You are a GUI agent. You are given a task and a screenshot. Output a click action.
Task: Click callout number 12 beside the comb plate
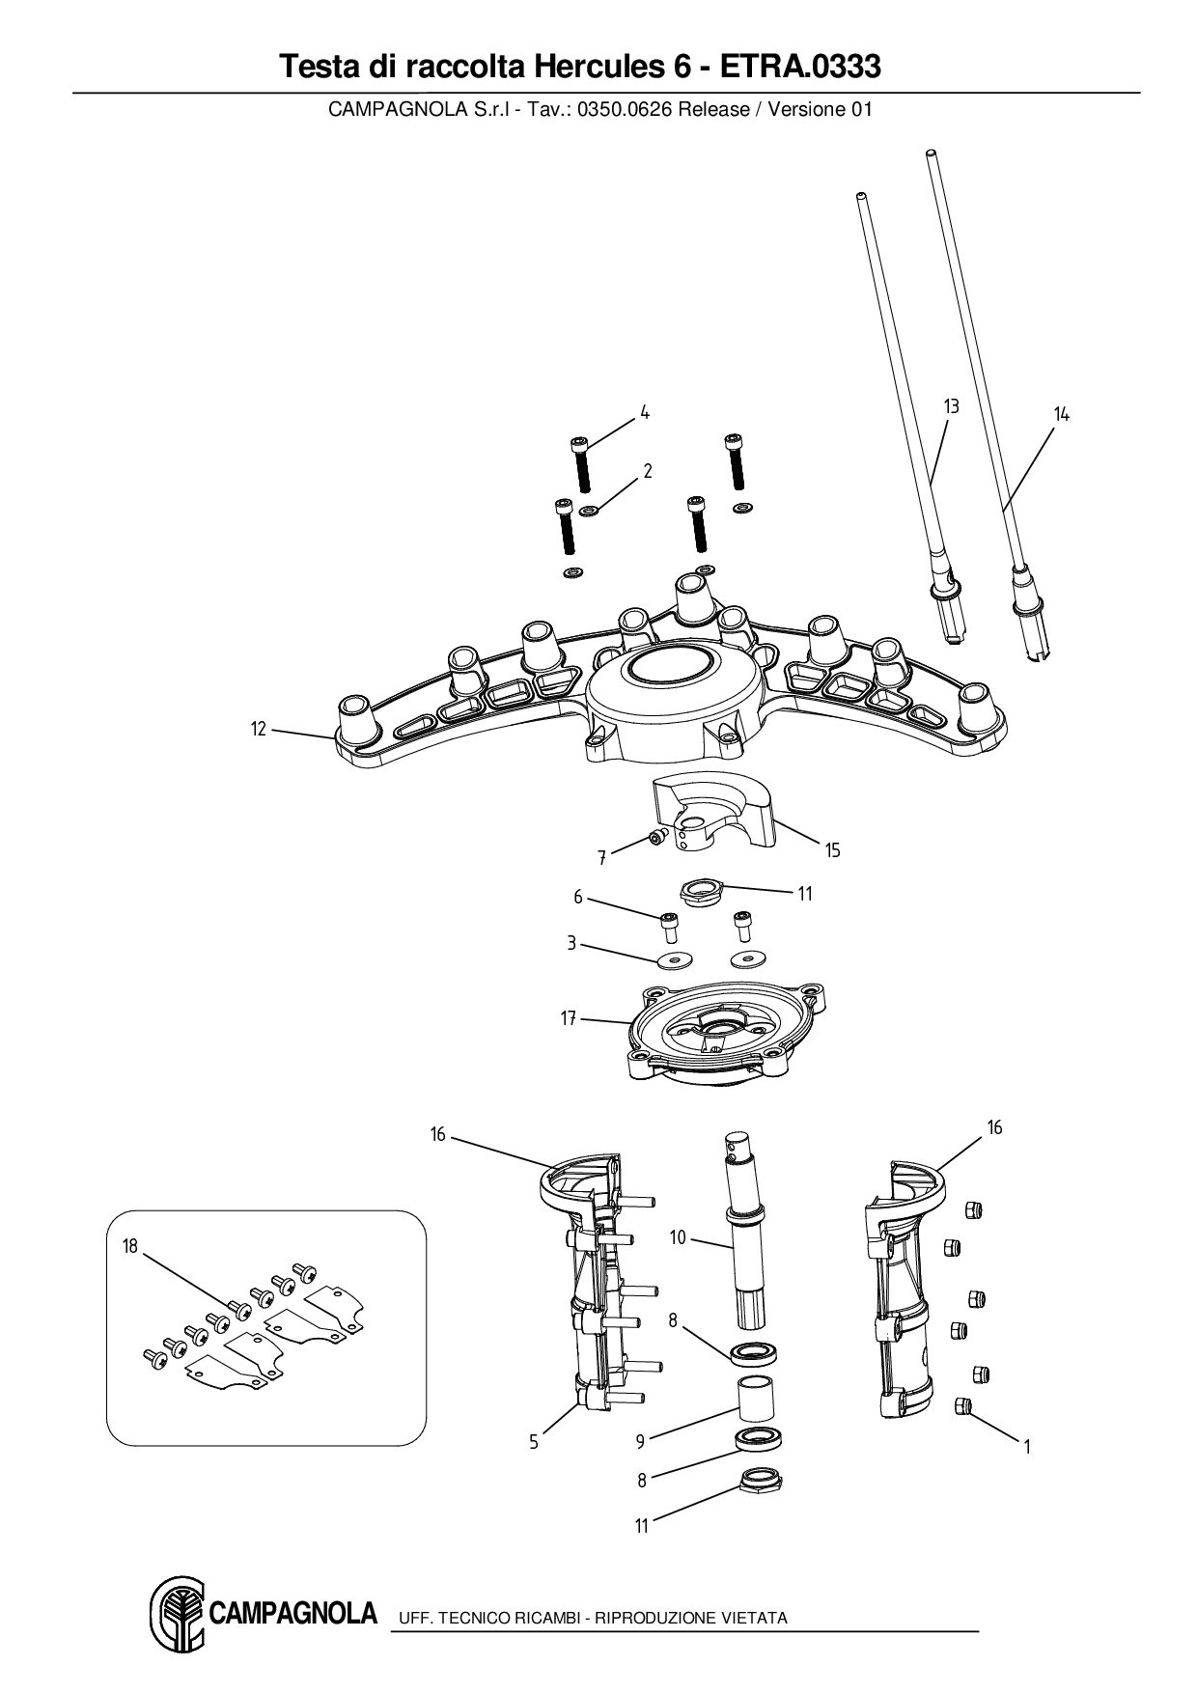pos(258,729)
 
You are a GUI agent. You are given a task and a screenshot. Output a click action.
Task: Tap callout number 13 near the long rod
pos(951,406)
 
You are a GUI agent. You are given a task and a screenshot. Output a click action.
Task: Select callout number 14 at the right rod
pos(1061,414)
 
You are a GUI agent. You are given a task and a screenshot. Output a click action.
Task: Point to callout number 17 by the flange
pos(569,1017)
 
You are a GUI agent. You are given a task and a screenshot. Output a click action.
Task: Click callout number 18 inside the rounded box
pos(130,1246)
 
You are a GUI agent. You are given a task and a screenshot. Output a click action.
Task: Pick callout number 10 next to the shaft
pos(678,1236)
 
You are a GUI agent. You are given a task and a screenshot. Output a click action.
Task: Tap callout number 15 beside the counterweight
pos(832,850)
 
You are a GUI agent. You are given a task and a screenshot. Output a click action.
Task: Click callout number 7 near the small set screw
pos(601,856)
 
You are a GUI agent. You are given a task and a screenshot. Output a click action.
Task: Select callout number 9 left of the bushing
pos(640,1441)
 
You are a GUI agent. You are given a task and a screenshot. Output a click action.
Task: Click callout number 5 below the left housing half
pos(534,1442)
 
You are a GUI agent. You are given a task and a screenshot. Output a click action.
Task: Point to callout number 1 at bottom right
pos(1027,1447)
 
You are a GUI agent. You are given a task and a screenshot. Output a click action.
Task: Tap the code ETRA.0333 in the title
pos(800,67)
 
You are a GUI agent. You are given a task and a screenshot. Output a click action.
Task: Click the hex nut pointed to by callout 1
pos(962,1404)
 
